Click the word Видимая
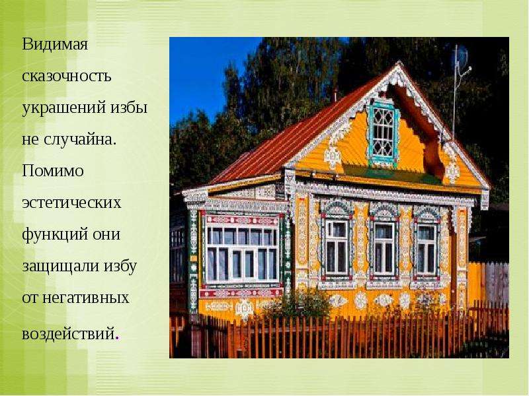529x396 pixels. (x=55, y=44)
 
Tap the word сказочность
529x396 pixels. (x=67, y=75)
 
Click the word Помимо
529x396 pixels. (x=53, y=170)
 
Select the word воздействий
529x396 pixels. (x=68, y=333)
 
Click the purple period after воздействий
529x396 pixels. (x=117, y=337)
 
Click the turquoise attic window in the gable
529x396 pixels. (x=383, y=133)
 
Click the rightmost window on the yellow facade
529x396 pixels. (x=426, y=249)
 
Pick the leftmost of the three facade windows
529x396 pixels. (x=337, y=247)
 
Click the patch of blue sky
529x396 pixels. (x=199, y=74)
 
